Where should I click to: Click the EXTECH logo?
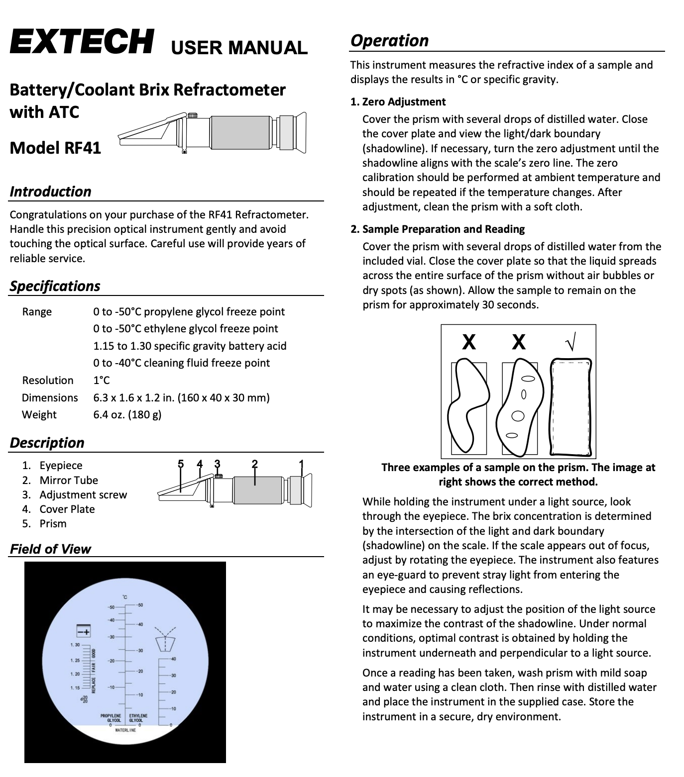tap(81, 42)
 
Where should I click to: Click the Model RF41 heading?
tap(55, 148)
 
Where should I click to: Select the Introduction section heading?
tap(50, 192)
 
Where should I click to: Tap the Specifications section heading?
tap(55, 286)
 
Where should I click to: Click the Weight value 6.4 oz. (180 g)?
tap(127, 414)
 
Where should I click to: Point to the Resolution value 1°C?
tap(101, 380)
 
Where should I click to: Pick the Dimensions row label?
tap(50, 397)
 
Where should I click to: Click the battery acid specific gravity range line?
tap(190, 346)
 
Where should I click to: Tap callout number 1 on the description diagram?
tap(301, 464)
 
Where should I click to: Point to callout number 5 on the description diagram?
tap(181, 464)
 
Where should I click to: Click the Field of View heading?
tap(50, 549)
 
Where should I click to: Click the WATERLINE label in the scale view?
tap(125, 730)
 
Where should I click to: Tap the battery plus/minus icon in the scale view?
tap(83, 631)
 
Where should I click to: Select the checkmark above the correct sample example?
tap(571, 342)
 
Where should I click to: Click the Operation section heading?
tap(389, 40)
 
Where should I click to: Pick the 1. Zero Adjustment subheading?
tap(398, 102)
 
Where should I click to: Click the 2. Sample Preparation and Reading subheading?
tap(438, 229)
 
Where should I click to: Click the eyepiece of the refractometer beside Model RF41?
tap(297, 130)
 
